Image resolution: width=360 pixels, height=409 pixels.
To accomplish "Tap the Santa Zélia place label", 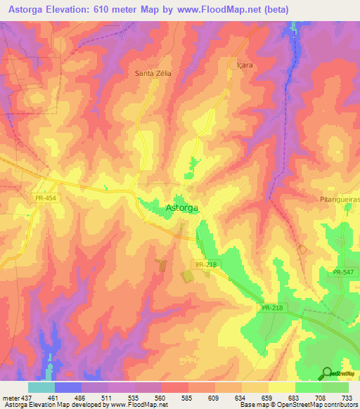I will pos(153,72).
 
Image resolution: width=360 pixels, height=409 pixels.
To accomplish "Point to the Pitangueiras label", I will pos(338,200).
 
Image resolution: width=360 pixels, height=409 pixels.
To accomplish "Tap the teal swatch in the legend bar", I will pos(41,387).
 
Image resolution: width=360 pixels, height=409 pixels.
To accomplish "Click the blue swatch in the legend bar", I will pos(68,387).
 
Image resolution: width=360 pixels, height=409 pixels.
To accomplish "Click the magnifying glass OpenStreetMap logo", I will pos(328,373).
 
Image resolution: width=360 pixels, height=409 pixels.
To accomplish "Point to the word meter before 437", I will pos(9,397).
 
